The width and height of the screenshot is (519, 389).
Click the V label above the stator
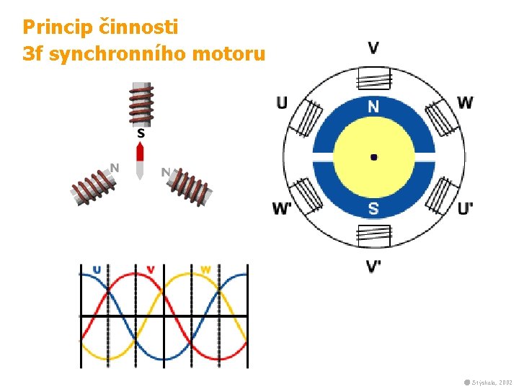pos(373,48)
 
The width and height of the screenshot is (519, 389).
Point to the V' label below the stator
pos(373,267)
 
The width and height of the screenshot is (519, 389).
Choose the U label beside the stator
pos(282,102)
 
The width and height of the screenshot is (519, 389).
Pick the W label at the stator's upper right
pos(465,102)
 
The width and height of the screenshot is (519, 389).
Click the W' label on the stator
pos(282,209)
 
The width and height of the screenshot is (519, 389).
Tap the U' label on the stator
pos(466,209)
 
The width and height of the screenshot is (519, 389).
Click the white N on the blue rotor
pos(373,107)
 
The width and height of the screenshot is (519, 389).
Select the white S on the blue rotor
pos(373,209)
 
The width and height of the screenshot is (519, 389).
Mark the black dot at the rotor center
pos(373,156)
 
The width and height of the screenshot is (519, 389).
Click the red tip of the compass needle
pos(141,151)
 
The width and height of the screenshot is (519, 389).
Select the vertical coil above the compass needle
pos(141,104)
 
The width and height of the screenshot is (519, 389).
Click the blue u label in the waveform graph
pos(97,270)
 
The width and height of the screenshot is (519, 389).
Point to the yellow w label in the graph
pos(205,270)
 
